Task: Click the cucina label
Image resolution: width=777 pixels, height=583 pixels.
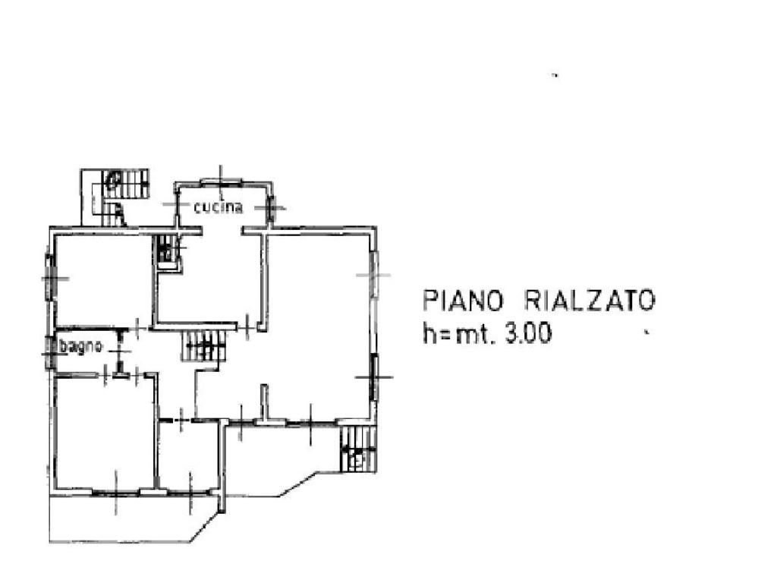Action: [x=218, y=207]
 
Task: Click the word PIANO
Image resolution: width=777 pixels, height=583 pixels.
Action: [x=463, y=301]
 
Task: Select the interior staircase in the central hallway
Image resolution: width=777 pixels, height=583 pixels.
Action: [x=204, y=347]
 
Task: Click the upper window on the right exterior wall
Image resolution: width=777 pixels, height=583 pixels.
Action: [x=373, y=274]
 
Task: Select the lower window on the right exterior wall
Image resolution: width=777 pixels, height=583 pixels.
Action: [x=374, y=376]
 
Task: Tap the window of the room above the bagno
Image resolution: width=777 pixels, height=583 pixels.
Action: [x=50, y=279]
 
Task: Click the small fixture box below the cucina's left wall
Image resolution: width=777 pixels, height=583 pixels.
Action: [x=168, y=250]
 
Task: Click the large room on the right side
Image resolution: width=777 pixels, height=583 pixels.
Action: [x=319, y=319]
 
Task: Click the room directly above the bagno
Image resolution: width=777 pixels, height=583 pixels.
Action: [x=102, y=281]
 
